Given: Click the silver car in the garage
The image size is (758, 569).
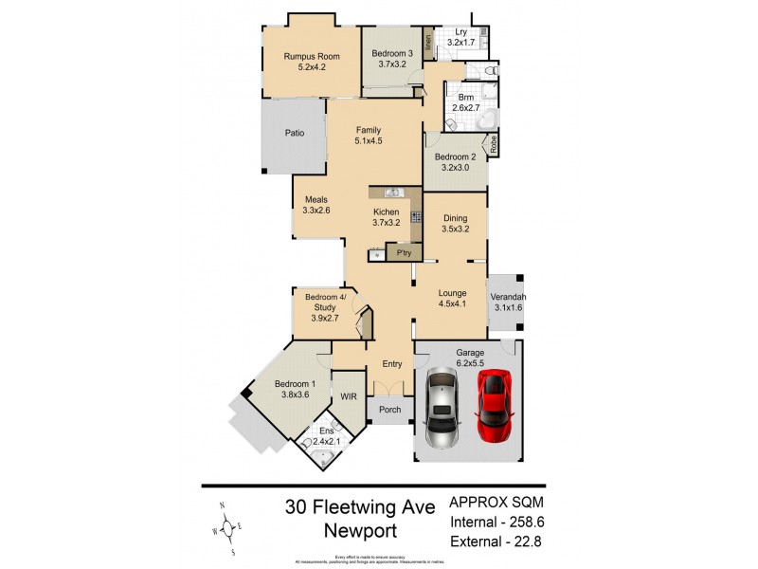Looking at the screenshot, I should [442, 409].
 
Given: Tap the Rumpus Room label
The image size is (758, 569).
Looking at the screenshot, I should [311, 56].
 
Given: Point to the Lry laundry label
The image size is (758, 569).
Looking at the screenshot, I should [460, 31].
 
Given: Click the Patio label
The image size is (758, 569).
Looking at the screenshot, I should [295, 134].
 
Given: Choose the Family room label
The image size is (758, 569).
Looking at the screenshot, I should [370, 130].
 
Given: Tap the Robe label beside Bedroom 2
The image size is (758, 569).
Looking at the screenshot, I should [493, 144].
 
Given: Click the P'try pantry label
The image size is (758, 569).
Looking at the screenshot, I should [404, 253].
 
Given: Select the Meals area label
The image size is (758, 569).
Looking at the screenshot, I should [316, 199].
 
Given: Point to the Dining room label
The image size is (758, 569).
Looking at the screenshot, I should [456, 217].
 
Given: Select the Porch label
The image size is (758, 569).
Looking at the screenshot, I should [389, 411].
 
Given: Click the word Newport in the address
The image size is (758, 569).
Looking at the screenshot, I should [361, 531].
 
